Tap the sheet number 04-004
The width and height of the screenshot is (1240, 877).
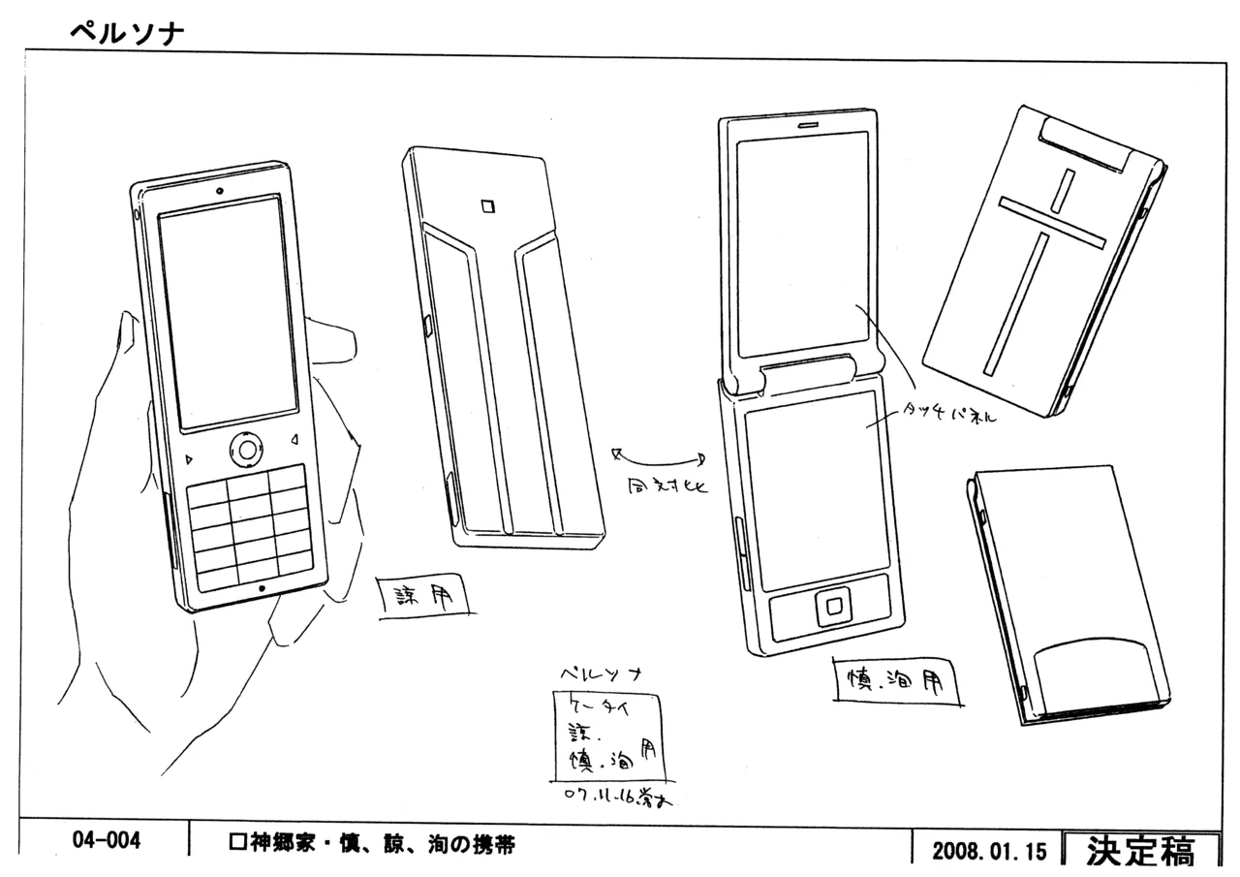[x=106, y=840]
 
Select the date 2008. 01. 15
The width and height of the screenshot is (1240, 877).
[x=989, y=852]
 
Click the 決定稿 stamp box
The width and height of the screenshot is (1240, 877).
[x=1140, y=850]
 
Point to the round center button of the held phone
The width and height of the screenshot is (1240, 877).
[x=248, y=449]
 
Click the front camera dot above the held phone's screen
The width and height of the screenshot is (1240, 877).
[x=221, y=190]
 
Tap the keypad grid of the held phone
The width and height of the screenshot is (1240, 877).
[x=250, y=526]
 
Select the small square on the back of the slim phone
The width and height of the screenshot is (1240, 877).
[x=487, y=205]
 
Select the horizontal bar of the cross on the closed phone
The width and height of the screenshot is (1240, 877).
[x=1052, y=222]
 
